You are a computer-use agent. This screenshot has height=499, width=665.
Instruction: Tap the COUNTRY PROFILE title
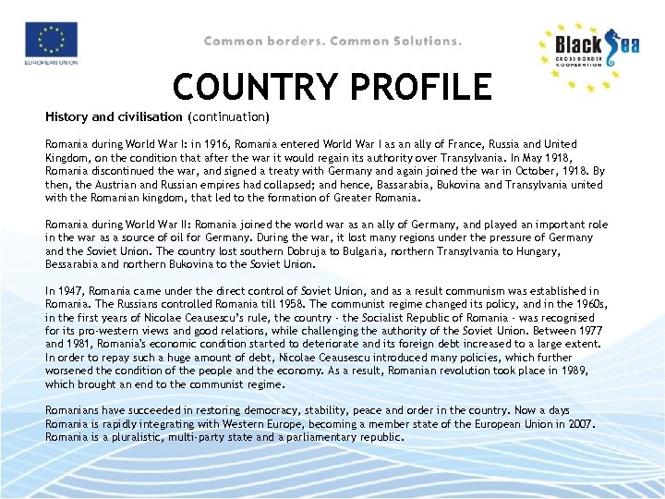tap(332, 87)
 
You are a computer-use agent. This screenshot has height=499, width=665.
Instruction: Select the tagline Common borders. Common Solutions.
tap(332, 41)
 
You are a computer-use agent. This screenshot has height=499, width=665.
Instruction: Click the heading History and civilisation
tap(115, 117)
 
